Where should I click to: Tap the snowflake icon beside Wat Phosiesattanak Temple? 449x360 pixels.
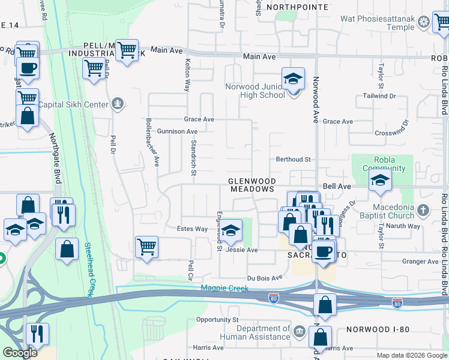point(424,23)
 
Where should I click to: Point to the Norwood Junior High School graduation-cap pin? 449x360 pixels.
point(294,79)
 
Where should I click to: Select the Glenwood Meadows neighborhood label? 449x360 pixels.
point(252,185)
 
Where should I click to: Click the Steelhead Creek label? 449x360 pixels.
point(88,269)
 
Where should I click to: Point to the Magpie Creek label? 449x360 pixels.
point(223,289)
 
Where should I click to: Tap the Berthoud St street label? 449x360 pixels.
point(292,160)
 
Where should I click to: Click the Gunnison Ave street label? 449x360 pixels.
point(177,131)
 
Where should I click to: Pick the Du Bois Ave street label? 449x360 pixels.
point(265,278)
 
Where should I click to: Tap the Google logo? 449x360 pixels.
point(19,352)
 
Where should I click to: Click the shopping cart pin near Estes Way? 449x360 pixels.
point(146,247)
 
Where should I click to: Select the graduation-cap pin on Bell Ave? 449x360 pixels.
point(380,181)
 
